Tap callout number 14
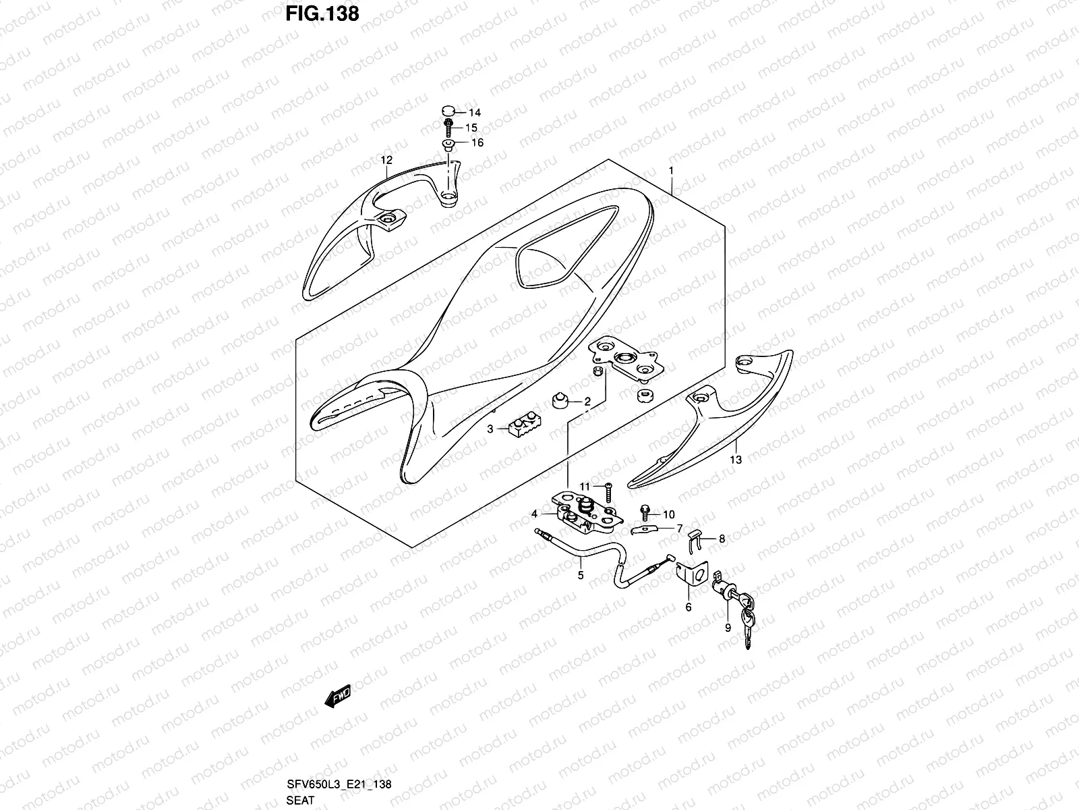475,113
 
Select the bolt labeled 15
449,126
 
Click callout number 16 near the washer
477,143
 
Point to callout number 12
386,160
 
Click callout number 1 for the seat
672,171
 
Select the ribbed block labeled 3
523,429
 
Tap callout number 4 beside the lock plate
534,514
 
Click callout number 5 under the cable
581,576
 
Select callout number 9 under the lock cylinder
728,627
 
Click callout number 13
736,460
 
